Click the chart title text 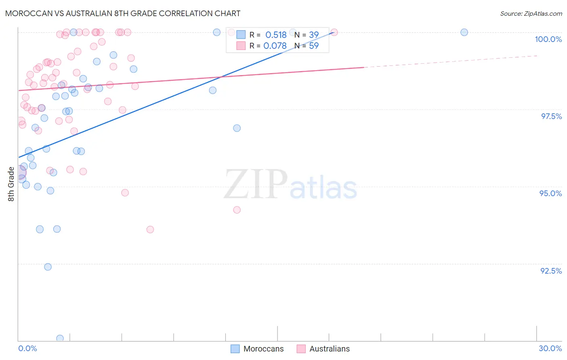(123, 13)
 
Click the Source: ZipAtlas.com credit (531, 14)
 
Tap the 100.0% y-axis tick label (548, 39)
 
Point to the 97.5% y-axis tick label (551, 116)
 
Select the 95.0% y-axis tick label (550, 193)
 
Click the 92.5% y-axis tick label (551, 271)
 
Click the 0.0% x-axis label (27, 348)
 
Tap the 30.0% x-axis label (550, 348)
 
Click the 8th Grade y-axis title (11, 184)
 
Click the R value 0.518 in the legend (276, 35)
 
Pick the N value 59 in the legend (314, 46)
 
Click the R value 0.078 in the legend (275, 46)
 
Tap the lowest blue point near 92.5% (48, 267)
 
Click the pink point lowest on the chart (150, 230)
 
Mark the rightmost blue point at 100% (464, 32)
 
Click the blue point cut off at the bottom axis (60, 338)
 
